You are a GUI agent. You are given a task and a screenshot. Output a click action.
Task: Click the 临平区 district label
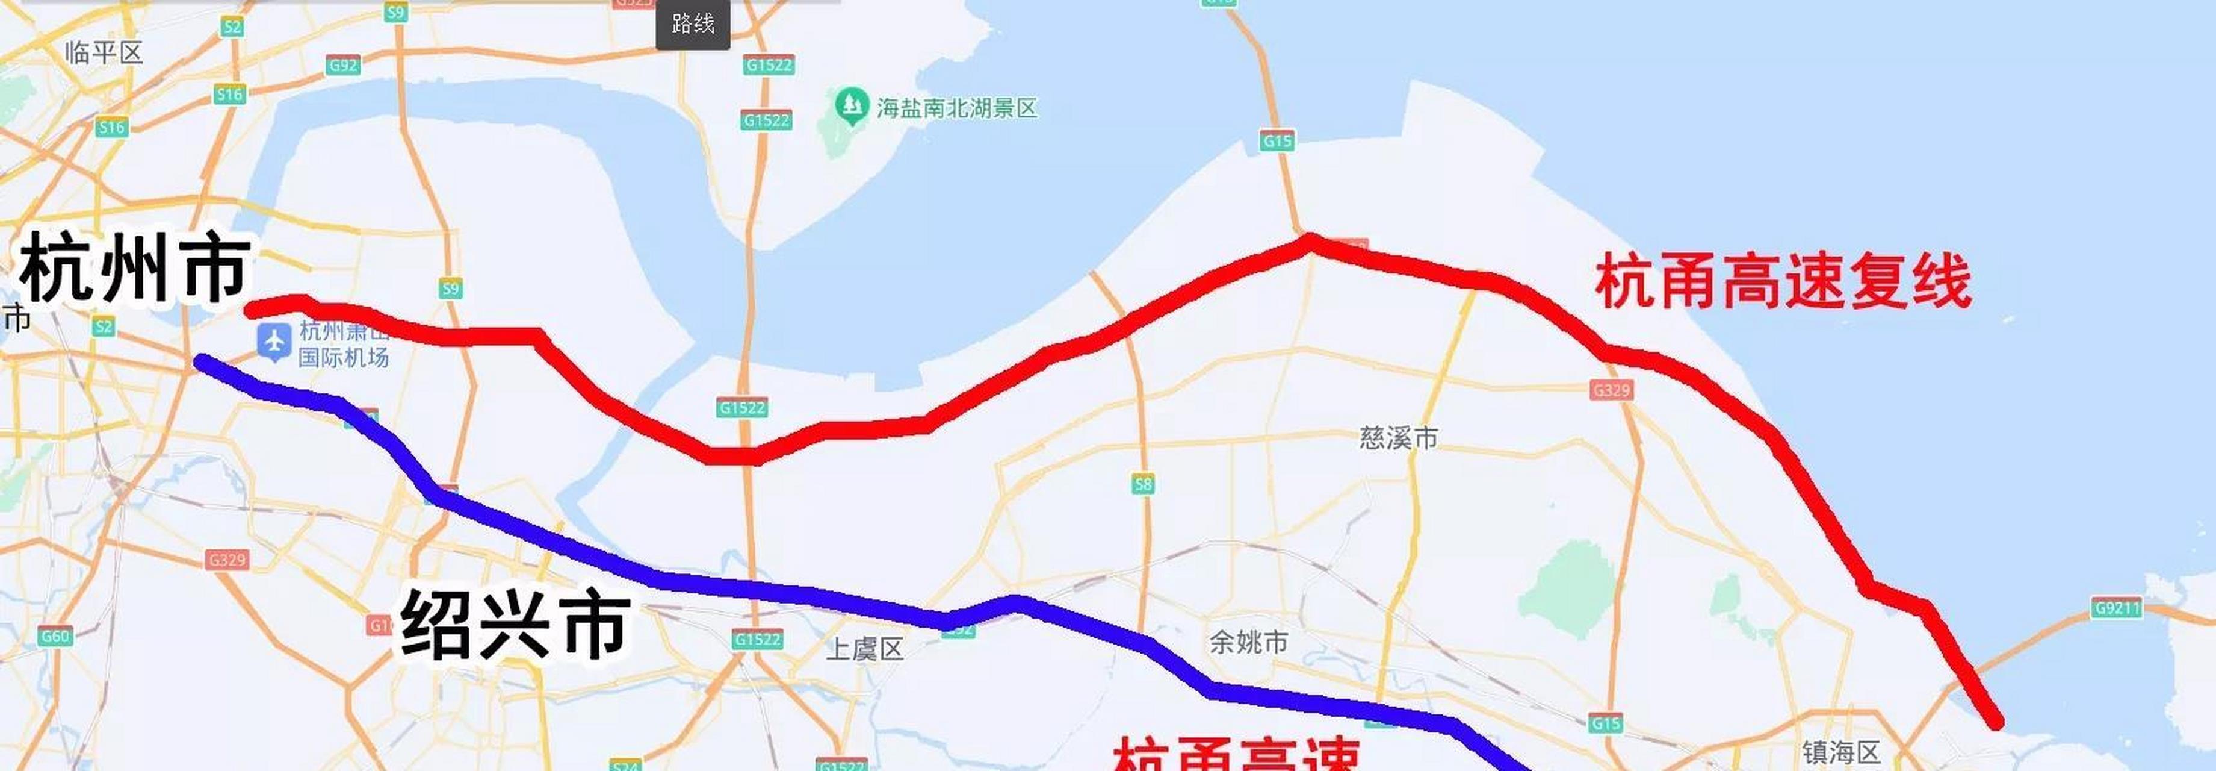tap(104, 54)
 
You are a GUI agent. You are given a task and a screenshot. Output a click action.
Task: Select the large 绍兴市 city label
tap(515, 624)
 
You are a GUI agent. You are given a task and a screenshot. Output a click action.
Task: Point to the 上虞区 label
tap(864, 649)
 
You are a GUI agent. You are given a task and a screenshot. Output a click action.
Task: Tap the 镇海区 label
tap(1841, 753)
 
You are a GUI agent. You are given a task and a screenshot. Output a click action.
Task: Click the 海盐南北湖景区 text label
tap(956, 108)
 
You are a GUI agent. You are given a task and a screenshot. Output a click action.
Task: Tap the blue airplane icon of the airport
tap(274, 342)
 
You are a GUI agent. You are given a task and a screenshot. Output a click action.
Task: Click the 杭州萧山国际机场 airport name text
tap(343, 344)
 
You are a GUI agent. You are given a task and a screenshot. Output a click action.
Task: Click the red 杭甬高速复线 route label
tap(1783, 281)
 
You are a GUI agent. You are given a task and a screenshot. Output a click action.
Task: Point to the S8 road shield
tap(1142, 484)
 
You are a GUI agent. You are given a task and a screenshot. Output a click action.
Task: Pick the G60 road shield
tap(55, 637)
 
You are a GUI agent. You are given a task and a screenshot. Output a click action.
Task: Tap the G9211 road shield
tap(2117, 608)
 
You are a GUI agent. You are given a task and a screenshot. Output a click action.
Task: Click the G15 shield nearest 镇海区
tap(1606, 723)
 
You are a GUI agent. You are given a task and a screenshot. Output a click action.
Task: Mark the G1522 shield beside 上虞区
tap(757, 639)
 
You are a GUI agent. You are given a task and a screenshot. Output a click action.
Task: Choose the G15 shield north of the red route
tap(1278, 140)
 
